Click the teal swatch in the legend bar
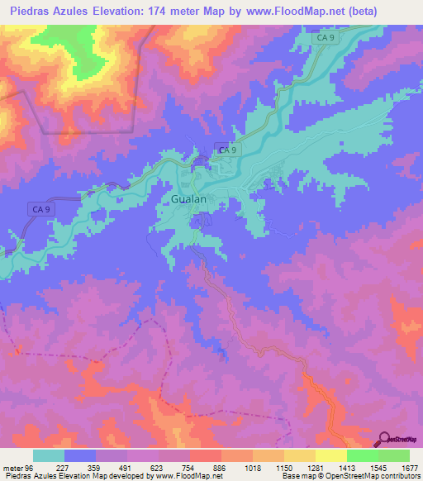point(49,456)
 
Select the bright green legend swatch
point(362,456)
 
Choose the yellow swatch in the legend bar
point(330,456)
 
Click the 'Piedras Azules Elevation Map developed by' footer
point(75,475)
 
